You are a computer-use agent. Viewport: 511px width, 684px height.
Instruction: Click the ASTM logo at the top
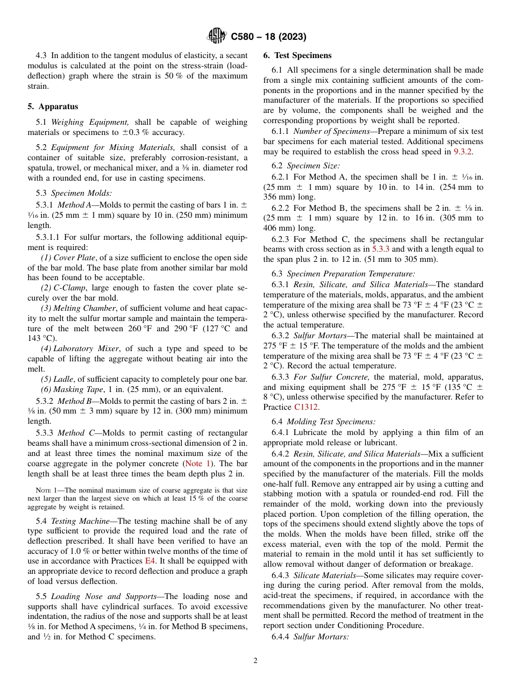tap(217, 36)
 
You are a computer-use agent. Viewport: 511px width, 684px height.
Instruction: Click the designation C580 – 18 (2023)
tap(268, 37)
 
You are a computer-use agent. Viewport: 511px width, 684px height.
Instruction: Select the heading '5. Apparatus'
tap(53, 106)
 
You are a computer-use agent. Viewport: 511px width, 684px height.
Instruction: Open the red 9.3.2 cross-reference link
tap(462, 152)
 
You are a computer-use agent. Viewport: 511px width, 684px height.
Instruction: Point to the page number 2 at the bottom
tap(256, 661)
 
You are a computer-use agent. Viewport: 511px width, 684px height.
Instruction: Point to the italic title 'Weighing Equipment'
tap(90, 122)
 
